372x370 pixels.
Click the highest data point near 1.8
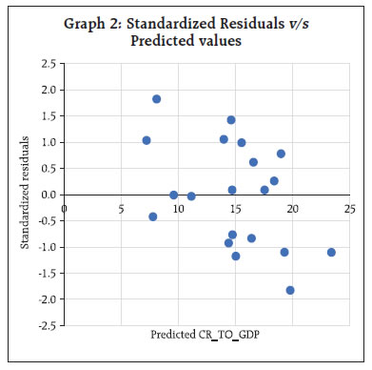click(x=156, y=99)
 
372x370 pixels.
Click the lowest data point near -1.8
click(x=290, y=290)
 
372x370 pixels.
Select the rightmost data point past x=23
click(x=331, y=252)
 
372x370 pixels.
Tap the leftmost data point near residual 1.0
click(x=147, y=140)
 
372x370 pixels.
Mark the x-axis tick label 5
click(x=121, y=206)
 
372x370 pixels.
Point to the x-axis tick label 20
click(x=292, y=206)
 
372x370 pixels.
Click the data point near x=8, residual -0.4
click(x=153, y=216)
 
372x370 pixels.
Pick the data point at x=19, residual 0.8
click(x=281, y=154)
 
